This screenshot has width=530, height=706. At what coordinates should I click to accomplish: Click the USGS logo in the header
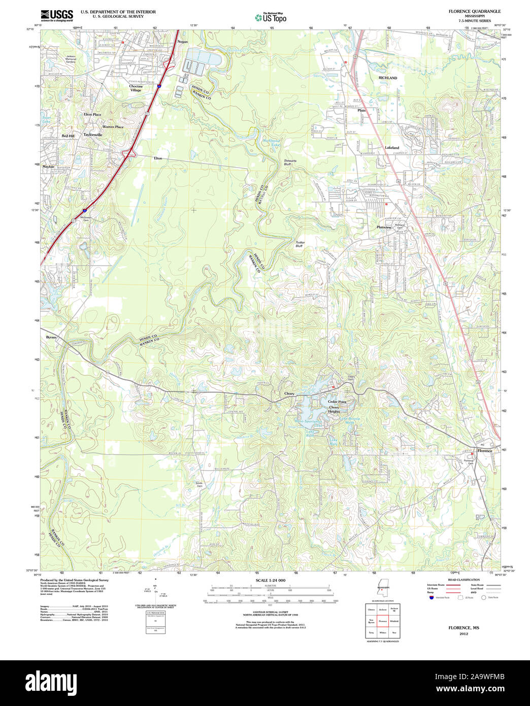point(56,14)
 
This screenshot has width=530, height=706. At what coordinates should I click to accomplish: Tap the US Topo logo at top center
point(271,17)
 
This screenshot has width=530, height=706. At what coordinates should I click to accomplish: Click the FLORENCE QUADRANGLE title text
point(467,11)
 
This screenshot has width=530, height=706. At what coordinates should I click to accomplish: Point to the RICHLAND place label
point(388,78)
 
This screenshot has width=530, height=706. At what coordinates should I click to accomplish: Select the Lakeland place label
point(391,148)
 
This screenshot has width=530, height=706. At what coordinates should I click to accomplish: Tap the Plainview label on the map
point(384,227)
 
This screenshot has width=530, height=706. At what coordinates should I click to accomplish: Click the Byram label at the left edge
point(51,337)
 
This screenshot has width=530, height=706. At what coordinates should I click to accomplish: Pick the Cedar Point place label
point(337,401)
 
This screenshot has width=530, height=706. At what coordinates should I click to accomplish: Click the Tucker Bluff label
point(300,244)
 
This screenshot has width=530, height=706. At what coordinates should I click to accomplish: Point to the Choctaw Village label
point(136,88)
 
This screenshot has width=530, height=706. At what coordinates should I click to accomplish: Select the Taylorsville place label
point(93,135)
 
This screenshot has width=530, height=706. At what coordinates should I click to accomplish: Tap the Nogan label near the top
point(183,42)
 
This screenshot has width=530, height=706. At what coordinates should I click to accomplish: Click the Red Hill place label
point(68,136)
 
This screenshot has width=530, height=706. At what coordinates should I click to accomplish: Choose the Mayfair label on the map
point(48,166)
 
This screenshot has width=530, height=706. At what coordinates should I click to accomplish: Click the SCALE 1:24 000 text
point(271,580)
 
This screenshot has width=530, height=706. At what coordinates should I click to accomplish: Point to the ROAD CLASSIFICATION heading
point(463,580)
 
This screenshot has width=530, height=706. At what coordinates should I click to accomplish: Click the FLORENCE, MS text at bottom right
point(463,628)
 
